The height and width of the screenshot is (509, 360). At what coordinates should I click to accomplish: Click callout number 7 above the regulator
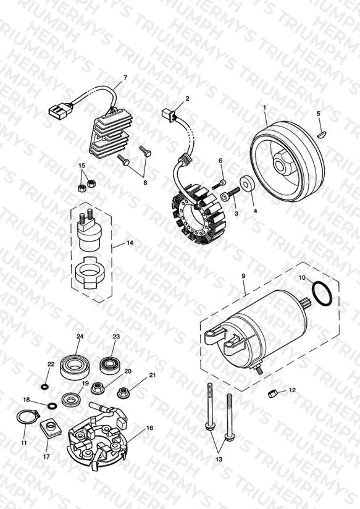[x=125, y=78]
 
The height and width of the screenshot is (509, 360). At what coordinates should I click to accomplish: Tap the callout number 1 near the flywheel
[x=264, y=107]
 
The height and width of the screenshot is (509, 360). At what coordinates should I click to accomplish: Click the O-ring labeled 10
[x=322, y=294]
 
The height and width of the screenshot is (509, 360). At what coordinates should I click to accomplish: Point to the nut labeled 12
[x=272, y=393]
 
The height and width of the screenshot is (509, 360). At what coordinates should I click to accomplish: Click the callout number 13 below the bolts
[x=219, y=460]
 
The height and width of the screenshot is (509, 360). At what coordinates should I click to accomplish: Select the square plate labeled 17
[x=51, y=429]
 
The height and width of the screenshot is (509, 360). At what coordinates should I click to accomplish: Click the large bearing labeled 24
[x=73, y=368]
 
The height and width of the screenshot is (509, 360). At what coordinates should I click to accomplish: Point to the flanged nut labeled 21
[x=123, y=393]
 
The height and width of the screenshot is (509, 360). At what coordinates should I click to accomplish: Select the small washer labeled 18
[x=52, y=406]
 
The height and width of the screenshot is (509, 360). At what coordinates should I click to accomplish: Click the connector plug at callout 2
[x=168, y=114]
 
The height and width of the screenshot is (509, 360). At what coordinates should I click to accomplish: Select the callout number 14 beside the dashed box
[x=130, y=243]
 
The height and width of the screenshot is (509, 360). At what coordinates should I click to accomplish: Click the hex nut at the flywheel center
[x=280, y=163]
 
